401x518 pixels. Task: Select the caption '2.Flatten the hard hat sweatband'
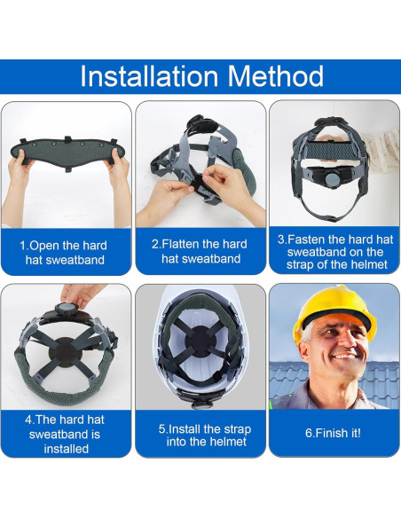pyautogui.click(x=200, y=251)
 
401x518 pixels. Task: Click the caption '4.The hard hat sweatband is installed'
pyautogui.click(x=66, y=434)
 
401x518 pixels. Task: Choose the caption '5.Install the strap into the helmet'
pyautogui.click(x=200, y=436)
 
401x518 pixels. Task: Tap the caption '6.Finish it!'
pyautogui.click(x=334, y=434)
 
